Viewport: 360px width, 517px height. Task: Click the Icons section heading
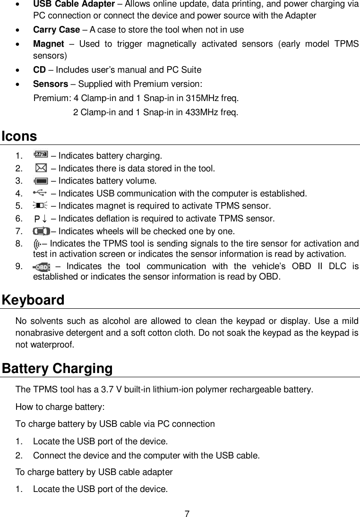(x=19, y=136)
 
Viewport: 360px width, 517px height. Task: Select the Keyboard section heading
(x=33, y=300)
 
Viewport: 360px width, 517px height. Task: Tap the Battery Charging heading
(x=57, y=368)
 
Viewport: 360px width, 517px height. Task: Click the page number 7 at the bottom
(x=187, y=513)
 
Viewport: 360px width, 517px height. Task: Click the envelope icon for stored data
(x=41, y=168)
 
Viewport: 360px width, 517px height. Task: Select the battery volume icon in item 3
(x=41, y=180)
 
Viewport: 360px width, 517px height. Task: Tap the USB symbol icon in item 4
(x=41, y=193)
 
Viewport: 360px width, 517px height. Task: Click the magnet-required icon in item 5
(x=41, y=205)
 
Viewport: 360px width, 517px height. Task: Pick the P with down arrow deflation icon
(x=41, y=218)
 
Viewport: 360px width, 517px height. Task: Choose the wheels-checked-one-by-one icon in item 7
(x=41, y=231)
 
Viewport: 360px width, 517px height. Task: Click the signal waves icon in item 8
(x=37, y=244)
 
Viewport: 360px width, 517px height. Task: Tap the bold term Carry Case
(x=56, y=30)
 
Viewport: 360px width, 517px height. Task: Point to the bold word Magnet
(x=48, y=44)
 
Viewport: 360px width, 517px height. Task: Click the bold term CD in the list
(x=39, y=70)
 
